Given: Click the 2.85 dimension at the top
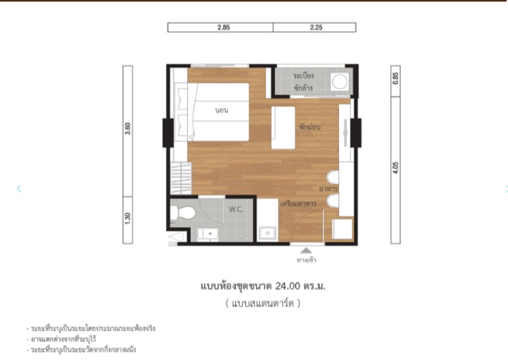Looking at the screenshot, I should pos(222,28).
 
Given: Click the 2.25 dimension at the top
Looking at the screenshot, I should pos(315,28).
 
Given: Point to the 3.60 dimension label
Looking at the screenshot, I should pos(128,130).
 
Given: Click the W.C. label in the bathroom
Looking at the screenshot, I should pos(235,210).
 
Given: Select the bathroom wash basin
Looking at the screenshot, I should pos(208,234).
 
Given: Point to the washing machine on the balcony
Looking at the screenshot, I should pos(339,82).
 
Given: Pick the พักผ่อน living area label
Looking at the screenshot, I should pos(309,127).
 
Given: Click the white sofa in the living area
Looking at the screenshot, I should pos(283,125).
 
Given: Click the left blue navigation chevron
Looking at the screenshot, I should pos(19,189).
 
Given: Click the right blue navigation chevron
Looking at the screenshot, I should pos(505,189).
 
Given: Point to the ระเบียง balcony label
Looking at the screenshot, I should pos(303,75).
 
